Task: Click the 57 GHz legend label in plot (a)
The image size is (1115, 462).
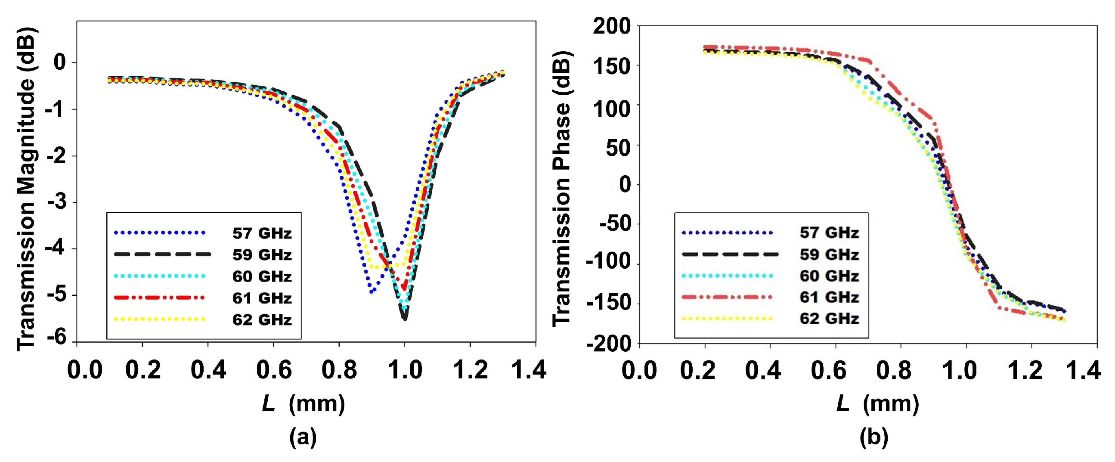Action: click(x=262, y=233)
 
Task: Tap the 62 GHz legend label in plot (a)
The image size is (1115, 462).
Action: click(x=262, y=319)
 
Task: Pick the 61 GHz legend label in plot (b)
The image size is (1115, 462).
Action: click(x=829, y=297)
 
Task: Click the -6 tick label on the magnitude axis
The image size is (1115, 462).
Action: click(x=56, y=338)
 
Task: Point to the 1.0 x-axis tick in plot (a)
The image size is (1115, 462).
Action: click(x=404, y=370)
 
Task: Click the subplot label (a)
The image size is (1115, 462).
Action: click(x=303, y=437)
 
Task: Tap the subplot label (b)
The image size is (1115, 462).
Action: click(x=873, y=437)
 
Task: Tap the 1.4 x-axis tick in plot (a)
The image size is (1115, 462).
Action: click(x=529, y=370)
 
